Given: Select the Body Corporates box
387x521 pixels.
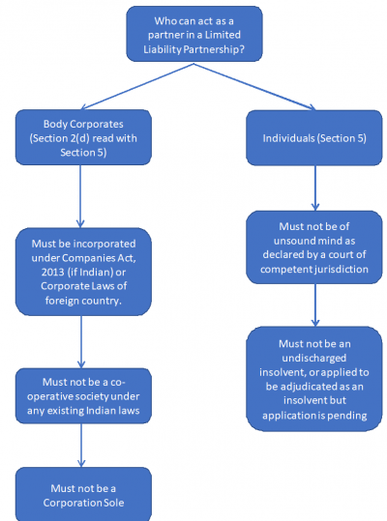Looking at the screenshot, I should (x=81, y=139).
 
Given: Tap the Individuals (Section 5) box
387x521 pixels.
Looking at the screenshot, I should (x=314, y=139).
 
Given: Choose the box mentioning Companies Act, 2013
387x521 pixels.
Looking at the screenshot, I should (x=81, y=271).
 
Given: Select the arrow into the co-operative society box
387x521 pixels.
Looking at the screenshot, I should (x=81, y=338).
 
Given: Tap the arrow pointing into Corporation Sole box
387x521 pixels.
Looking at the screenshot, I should (x=81, y=445).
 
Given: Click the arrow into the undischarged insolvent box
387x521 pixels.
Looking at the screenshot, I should (x=314, y=304).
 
